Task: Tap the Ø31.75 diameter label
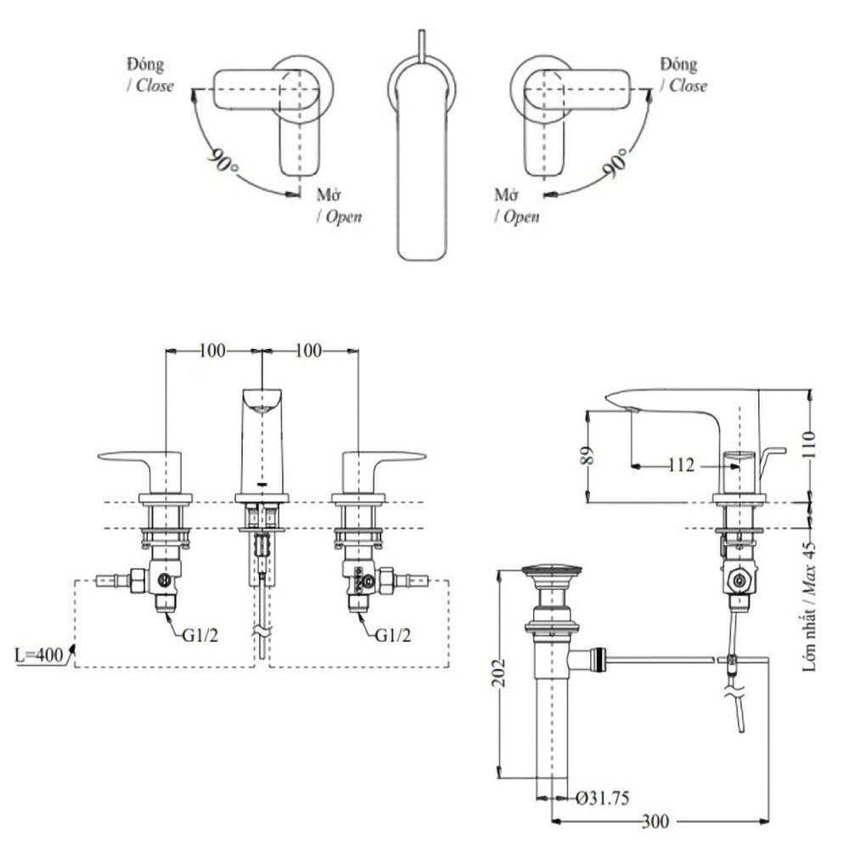(x=602, y=798)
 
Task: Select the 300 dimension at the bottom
(x=655, y=822)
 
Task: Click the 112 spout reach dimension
(x=681, y=464)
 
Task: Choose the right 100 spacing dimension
(x=309, y=350)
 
